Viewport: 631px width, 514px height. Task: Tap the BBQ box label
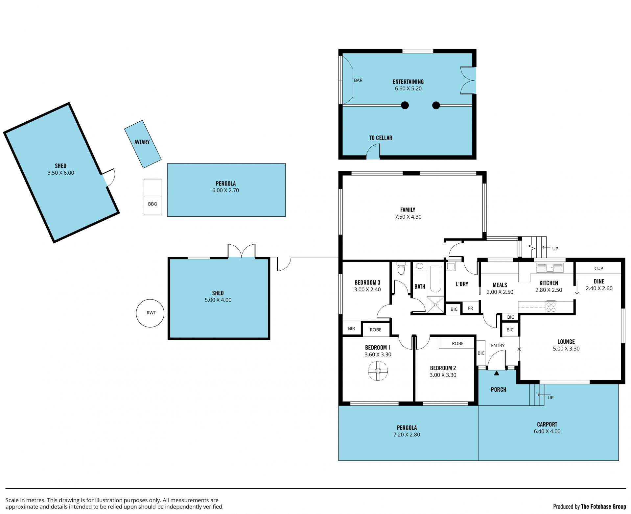tap(152, 204)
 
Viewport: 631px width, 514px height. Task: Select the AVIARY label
tap(142, 142)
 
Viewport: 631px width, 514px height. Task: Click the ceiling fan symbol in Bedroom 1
tap(378, 371)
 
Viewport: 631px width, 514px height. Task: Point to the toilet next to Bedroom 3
tap(401, 268)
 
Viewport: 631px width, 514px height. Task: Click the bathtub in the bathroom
tap(435, 279)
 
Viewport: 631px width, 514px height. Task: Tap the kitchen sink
tap(550, 267)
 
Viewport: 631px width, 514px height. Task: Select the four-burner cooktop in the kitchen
tap(551, 307)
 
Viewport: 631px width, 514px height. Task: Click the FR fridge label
tap(470, 308)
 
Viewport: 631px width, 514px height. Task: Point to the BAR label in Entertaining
tap(358, 80)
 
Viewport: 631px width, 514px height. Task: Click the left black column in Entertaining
tap(405, 105)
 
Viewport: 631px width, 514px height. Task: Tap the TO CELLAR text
tap(381, 138)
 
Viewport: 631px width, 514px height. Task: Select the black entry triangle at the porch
tap(496, 373)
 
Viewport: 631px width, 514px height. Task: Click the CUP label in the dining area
tap(598, 268)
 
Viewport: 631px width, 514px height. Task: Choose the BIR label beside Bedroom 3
tap(351, 329)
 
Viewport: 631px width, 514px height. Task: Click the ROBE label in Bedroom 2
tap(457, 343)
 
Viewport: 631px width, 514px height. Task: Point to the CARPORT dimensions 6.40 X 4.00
tap(547, 431)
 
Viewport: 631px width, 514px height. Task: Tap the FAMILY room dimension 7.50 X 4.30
tap(408, 217)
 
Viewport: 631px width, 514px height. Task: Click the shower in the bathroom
tap(435, 305)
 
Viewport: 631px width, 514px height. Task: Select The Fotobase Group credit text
tap(603, 507)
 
